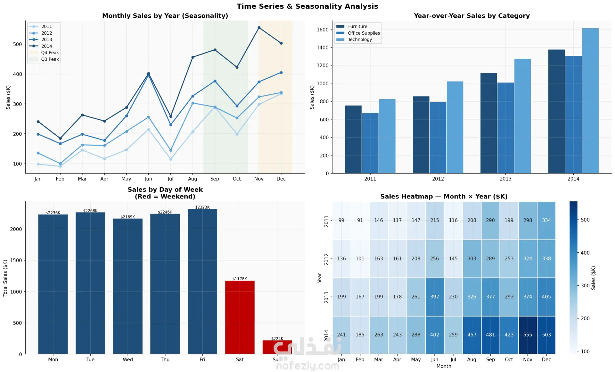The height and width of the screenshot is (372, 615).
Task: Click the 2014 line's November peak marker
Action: tap(259, 28)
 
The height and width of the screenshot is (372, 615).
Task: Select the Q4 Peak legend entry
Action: tap(50, 53)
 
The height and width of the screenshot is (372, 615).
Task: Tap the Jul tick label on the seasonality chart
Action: tap(170, 179)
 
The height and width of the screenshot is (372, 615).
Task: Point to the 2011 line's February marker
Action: tap(60, 166)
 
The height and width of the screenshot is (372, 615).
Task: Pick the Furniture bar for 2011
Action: tap(353, 139)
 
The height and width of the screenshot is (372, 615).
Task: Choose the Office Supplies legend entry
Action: tap(364, 33)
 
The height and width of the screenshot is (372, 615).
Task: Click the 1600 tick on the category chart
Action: tap(323, 30)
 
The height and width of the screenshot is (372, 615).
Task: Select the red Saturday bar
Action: tap(240, 317)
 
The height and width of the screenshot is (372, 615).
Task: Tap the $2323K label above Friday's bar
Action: tap(202, 207)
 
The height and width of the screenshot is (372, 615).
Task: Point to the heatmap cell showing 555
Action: tap(528, 335)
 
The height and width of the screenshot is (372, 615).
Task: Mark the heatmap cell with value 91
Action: tap(360, 220)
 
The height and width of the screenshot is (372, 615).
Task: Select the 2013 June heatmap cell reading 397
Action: tap(434, 297)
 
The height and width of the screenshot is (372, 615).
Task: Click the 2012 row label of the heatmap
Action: tap(326, 259)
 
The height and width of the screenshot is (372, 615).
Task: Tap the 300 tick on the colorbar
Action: tap(585, 285)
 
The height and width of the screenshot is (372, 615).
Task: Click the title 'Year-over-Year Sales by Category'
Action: tap(471, 16)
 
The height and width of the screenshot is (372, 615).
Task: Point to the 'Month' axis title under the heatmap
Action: tap(444, 366)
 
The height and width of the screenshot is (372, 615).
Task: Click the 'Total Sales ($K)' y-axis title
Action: tap(5, 278)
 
